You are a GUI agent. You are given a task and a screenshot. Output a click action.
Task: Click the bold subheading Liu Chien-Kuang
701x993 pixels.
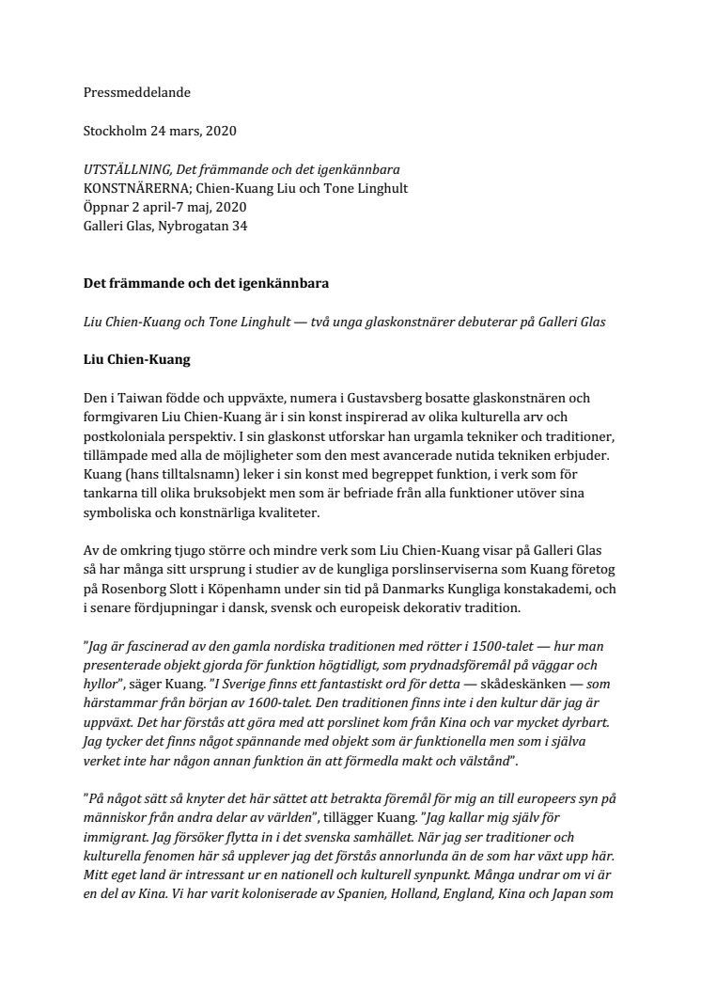click(137, 359)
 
